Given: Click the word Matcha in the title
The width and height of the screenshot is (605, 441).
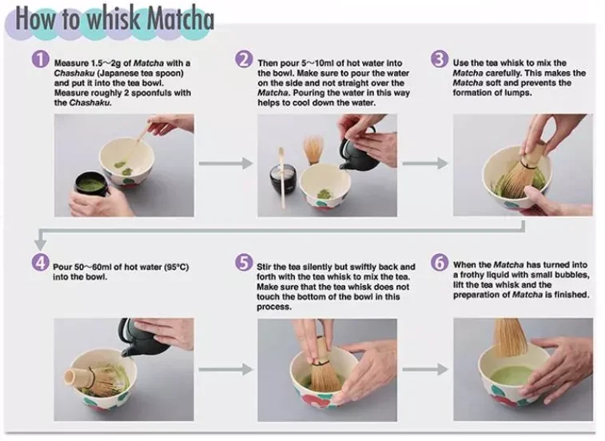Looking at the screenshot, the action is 180,19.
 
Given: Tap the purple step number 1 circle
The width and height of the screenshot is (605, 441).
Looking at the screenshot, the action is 40,59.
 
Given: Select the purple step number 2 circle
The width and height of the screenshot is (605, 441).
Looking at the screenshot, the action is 244,59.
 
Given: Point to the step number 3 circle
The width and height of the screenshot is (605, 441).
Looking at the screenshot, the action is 440,59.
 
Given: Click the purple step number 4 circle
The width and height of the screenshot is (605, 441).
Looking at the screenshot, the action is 40,263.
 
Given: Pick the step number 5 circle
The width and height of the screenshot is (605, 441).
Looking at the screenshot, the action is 244,263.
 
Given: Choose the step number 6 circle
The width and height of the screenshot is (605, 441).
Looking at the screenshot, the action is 440,263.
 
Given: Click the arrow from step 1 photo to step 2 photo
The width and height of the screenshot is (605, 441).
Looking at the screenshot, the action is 225,163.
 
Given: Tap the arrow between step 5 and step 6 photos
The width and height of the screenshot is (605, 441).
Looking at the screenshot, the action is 425,369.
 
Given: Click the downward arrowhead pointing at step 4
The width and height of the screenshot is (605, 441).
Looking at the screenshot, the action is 40,244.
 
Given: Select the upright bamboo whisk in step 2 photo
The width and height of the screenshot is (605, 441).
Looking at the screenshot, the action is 313,149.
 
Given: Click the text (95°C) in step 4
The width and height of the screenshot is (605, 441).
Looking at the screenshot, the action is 177,267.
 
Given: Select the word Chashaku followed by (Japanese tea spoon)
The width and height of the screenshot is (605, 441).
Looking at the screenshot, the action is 74,73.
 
